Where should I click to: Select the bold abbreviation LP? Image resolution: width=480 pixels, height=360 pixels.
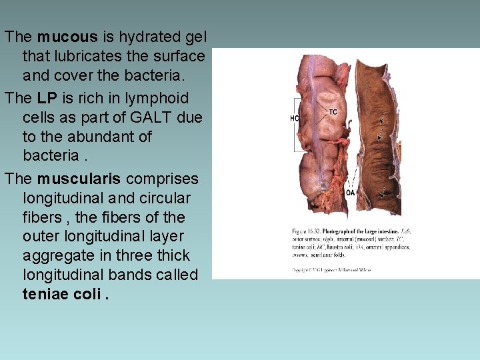[x=47, y=98]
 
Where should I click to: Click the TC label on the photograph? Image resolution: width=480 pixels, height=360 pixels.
[x=333, y=111]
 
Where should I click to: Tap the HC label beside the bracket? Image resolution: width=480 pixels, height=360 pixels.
[x=294, y=118]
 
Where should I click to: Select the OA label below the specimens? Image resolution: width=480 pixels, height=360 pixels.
[x=351, y=193]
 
